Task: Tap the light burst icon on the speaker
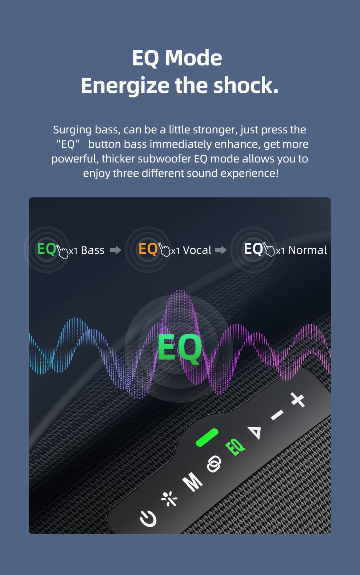click(169, 499)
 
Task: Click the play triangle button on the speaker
click(255, 432)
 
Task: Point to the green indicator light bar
click(207, 437)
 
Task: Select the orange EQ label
click(148, 249)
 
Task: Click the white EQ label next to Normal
click(253, 249)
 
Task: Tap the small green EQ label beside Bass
click(47, 249)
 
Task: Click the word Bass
click(93, 250)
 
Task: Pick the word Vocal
click(197, 250)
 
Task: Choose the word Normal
click(308, 250)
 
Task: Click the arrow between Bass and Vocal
click(116, 250)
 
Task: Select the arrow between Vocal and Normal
click(221, 250)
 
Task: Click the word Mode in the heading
click(193, 58)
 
